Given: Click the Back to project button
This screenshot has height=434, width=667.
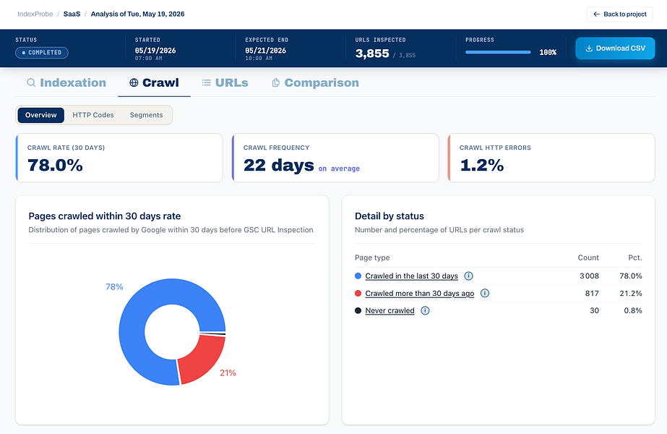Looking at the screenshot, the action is pos(619,14).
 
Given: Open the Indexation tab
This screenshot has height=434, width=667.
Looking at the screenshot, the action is pos(66,82).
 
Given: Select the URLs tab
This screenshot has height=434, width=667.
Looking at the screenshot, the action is pos(225,82).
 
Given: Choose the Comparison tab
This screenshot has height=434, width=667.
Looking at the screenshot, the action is pos(315,82).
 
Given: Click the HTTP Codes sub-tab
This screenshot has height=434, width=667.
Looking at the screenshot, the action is pos(93,115).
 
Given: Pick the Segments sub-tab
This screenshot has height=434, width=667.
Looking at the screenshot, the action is pos(146,115).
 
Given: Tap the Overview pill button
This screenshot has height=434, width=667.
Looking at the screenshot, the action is pos(41,115).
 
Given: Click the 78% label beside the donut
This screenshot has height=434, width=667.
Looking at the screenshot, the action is pos(114,286).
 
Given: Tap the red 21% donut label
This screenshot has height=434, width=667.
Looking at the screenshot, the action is pos(228,373).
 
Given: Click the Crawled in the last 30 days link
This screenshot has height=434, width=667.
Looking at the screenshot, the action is pos(412,276).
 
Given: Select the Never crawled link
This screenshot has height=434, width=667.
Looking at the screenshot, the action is pos(390,310).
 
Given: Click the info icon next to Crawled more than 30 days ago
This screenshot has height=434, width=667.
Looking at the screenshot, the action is pos(484,293).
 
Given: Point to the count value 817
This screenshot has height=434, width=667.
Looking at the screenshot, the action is pos(592,293).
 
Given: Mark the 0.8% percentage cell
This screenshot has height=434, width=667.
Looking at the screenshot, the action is pos(633,310).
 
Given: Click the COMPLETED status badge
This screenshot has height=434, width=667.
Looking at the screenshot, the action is pos(42,52).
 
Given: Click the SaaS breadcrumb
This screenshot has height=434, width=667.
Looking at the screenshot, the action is pos(72,14).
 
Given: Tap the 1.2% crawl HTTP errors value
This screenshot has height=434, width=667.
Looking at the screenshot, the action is pos(481,165).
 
